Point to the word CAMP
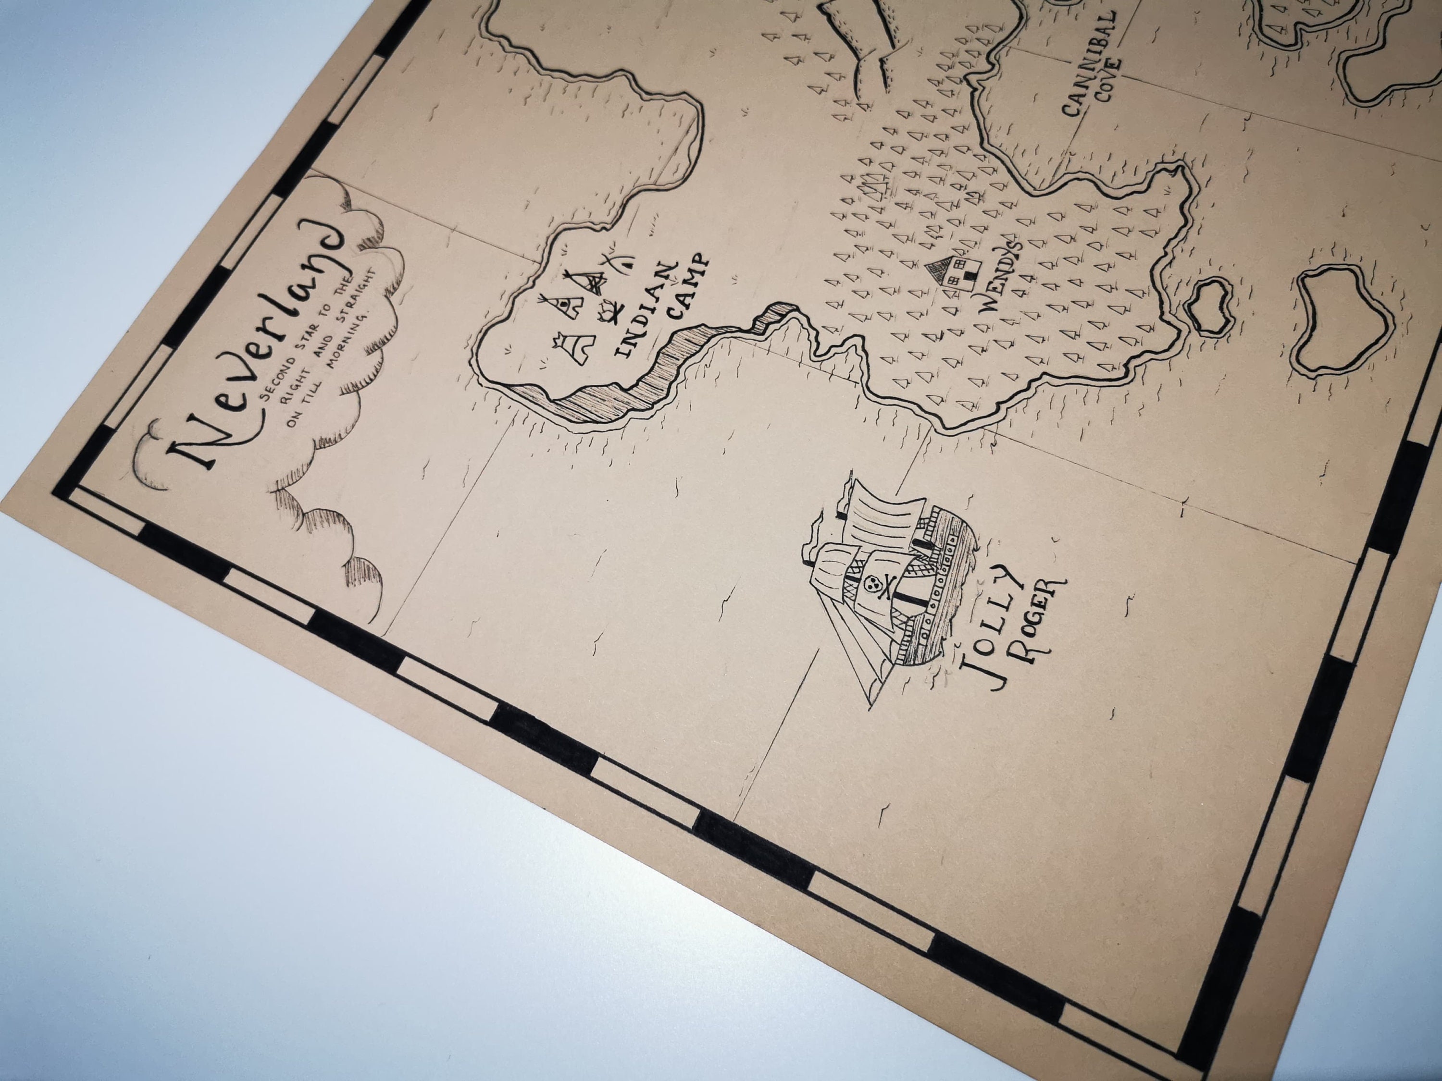[688, 287]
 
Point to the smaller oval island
[1208, 306]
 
